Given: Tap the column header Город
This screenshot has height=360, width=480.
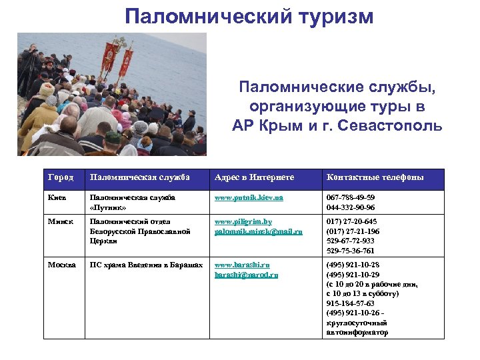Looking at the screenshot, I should [61, 177].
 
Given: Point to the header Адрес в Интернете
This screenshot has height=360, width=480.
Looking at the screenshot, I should [254, 177].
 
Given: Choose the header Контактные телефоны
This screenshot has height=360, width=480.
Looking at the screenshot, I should [375, 177].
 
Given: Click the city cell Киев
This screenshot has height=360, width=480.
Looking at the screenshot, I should [57, 198].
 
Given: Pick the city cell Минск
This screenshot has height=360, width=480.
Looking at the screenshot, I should [60, 222].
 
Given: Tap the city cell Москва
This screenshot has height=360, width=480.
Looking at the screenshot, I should [62, 265].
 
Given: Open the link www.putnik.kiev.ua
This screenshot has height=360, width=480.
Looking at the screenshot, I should [249, 198].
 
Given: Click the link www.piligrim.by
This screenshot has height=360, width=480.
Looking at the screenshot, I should [243, 222].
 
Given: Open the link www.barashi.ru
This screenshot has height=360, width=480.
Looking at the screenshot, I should [242, 265].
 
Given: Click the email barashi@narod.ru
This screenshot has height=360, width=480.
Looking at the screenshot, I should [246, 275].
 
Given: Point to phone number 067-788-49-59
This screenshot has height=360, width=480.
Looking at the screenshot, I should [350, 198].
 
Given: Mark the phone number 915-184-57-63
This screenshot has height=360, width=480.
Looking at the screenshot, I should [350, 303].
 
